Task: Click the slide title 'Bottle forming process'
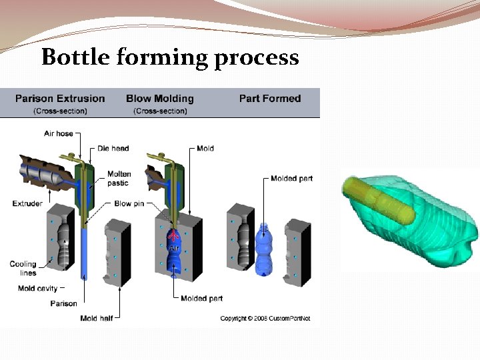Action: [170, 58]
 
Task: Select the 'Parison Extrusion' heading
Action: [60, 99]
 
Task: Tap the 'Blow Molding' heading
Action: [160, 99]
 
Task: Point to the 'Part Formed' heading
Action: [270, 99]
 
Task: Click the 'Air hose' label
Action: [59, 133]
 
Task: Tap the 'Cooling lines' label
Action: [23, 268]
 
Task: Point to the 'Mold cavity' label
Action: [36, 288]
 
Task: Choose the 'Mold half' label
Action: [97, 318]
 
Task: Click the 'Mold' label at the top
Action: [205, 148]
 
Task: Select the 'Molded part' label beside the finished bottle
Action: [291, 179]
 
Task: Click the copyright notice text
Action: [265, 318]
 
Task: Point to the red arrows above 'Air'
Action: [174, 236]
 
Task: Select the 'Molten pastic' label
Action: [119, 178]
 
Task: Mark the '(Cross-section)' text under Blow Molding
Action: [160, 111]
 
